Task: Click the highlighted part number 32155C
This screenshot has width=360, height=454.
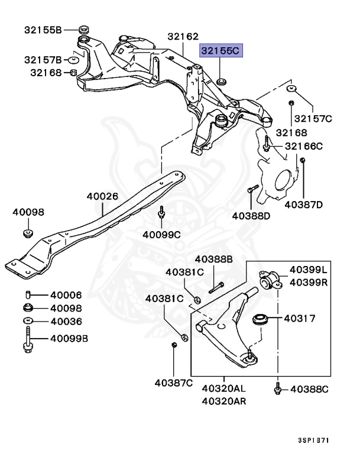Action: (x=220, y=51)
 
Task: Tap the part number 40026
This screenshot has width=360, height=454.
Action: (x=102, y=196)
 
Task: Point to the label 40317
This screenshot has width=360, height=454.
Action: (x=300, y=318)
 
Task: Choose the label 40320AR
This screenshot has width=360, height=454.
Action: (x=224, y=400)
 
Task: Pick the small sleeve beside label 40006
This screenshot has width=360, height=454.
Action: (x=28, y=295)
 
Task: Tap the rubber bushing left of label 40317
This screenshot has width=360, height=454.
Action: (x=261, y=320)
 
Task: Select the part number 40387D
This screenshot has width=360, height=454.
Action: (x=303, y=205)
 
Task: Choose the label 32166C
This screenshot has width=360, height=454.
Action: (x=304, y=146)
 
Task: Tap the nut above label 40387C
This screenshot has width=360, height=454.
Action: (x=174, y=345)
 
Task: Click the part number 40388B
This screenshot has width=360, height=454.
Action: (x=214, y=259)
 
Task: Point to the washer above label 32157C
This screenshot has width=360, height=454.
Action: (x=292, y=89)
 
